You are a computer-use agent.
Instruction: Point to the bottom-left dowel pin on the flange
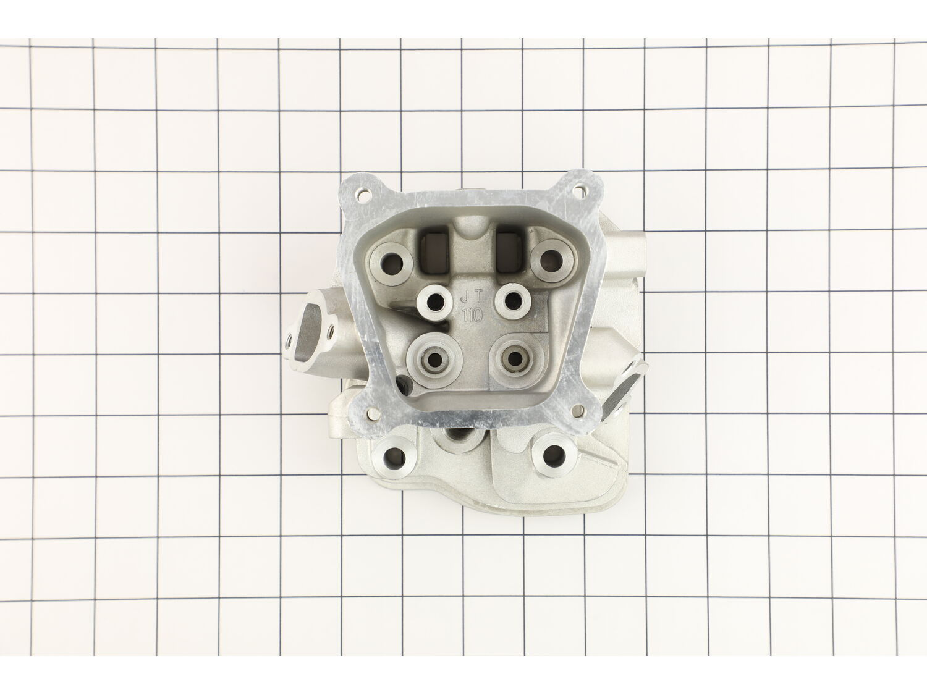(x=373, y=415)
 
